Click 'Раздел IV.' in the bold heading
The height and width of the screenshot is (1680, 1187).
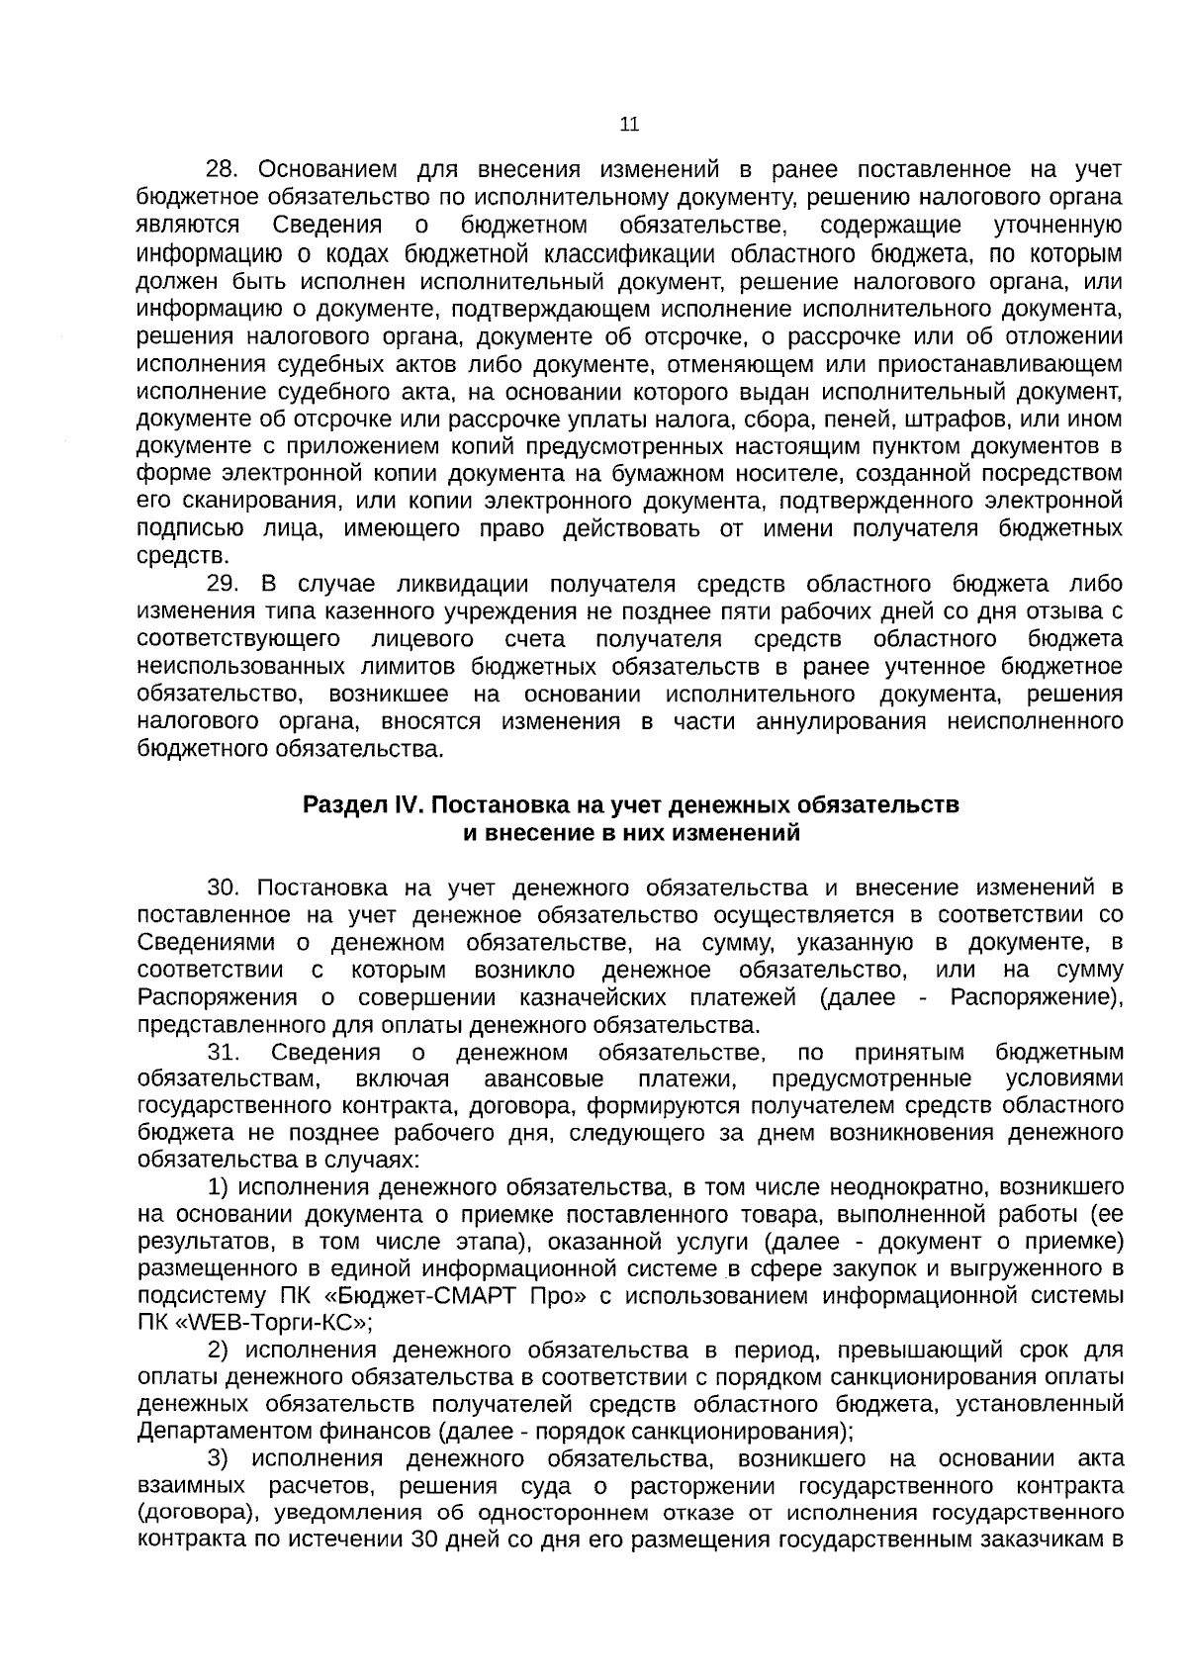click(363, 805)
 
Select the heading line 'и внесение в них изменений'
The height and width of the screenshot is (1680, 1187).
click(631, 832)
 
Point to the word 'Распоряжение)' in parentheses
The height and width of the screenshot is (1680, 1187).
click(1036, 997)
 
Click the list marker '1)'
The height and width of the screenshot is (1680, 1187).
click(220, 1187)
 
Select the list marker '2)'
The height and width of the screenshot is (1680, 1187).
click(220, 1352)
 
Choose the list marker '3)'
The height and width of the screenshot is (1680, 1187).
click(220, 1460)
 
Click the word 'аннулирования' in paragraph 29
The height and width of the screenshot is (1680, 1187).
click(840, 721)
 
